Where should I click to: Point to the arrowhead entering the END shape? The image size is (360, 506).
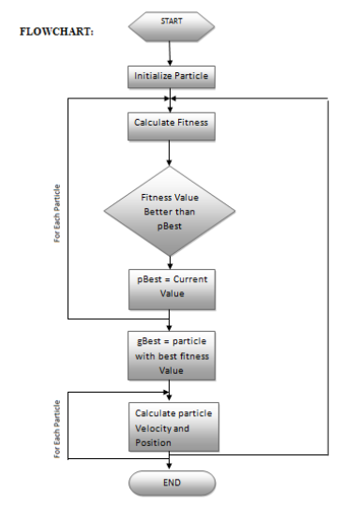click(169, 466)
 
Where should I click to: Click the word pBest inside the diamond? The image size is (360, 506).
click(169, 226)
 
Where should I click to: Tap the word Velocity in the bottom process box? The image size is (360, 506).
click(156, 428)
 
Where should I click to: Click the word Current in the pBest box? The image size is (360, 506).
click(187, 279)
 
